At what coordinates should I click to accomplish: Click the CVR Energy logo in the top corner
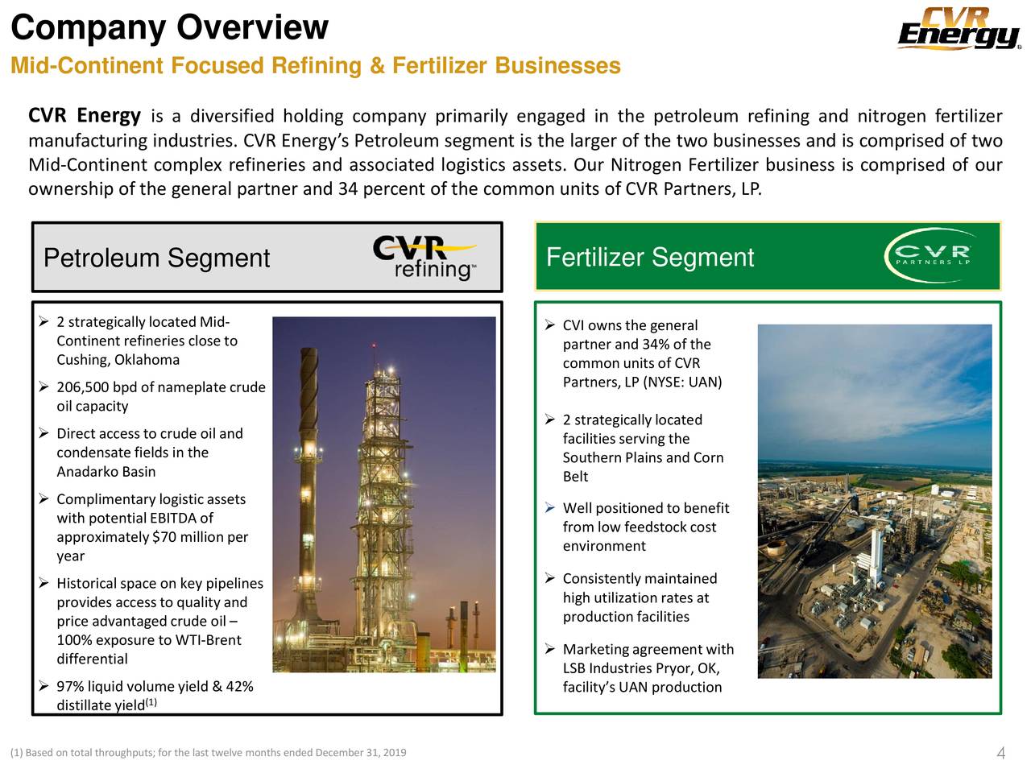click(x=959, y=29)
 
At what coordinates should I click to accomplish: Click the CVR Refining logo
click(x=424, y=258)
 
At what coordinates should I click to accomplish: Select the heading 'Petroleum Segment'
click(x=156, y=258)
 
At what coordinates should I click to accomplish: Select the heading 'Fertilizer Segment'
click(x=649, y=258)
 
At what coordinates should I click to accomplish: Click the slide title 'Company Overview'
click(x=169, y=27)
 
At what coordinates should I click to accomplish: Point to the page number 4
click(x=1000, y=754)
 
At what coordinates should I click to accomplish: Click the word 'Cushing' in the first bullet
click(x=82, y=360)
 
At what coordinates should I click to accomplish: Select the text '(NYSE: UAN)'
click(x=683, y=382)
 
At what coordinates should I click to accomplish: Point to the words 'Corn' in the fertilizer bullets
click(x=708, y=457)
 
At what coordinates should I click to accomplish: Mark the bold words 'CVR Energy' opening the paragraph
click(x=85, y=116)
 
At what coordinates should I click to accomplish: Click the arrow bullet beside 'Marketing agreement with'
click(x=549, y=649)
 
